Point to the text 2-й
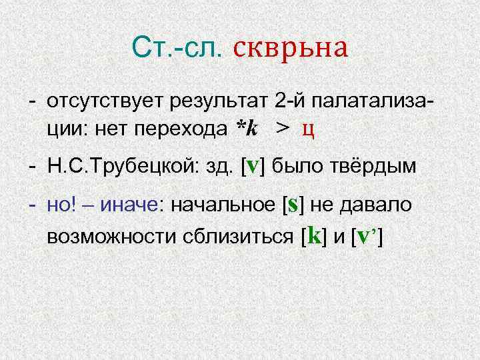(x=289, y=102)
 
